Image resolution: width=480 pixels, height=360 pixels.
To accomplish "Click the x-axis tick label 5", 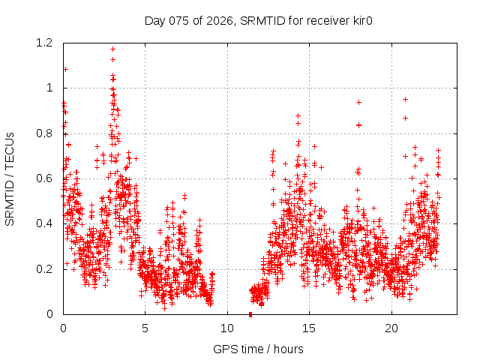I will point(145,328).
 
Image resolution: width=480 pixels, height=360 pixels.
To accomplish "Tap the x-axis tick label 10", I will point(227,328).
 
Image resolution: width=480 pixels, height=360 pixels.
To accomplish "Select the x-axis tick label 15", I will point(310,328).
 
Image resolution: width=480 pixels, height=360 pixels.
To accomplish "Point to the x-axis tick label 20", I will point(391,328).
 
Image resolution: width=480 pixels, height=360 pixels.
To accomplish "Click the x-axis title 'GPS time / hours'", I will point(259,349).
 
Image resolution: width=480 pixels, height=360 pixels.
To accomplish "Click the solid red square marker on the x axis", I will point(250,313).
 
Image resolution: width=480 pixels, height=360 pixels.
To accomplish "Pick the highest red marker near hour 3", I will point(112,49).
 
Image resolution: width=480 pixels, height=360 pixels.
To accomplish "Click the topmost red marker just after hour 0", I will point(65,69).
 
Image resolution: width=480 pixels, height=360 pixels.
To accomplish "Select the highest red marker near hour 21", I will point(406,99).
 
